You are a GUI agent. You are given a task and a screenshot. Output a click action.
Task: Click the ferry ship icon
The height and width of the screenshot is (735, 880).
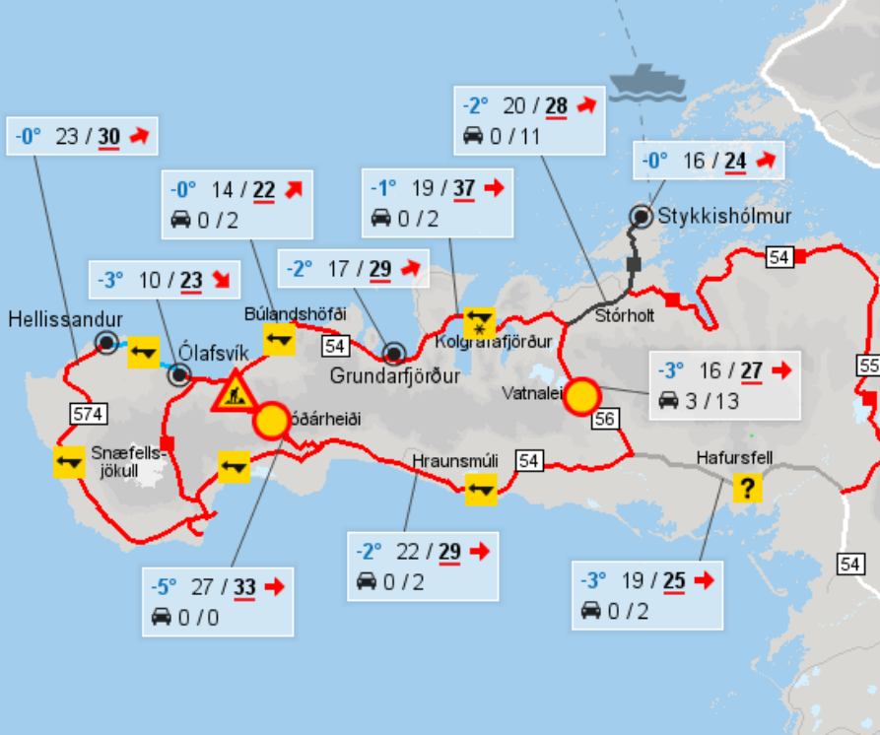click(645, 83)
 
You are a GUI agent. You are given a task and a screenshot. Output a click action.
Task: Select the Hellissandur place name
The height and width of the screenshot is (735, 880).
click(65, 319)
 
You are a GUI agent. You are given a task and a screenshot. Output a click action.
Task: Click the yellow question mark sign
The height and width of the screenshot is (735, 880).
click(749, 487)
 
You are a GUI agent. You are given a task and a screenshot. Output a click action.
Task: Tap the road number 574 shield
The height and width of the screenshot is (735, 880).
click(85, 412)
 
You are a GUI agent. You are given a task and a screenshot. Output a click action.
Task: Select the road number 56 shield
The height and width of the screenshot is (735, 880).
click(605, 420)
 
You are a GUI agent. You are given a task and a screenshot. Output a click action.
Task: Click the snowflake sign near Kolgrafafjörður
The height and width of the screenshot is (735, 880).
click(479, 322)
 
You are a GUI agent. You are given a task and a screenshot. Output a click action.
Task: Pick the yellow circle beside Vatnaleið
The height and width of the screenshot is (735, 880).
click(581, 396)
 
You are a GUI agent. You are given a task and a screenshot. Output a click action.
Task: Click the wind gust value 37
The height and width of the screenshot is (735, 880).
click(464, 188)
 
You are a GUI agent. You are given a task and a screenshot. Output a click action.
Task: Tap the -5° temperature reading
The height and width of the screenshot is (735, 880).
click(163, 587)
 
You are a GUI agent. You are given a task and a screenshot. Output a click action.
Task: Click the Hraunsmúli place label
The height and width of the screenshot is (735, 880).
click(455, 461)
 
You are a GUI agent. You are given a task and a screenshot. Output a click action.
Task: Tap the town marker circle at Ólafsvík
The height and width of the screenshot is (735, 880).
click(179, 374)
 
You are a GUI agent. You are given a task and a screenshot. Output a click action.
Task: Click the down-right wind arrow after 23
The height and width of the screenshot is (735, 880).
click(223, 281)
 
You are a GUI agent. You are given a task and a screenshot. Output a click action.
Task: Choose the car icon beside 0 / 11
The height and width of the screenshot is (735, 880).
click(473, 136)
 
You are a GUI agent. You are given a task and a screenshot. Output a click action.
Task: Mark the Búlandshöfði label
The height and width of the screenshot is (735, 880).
click(296, 313)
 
